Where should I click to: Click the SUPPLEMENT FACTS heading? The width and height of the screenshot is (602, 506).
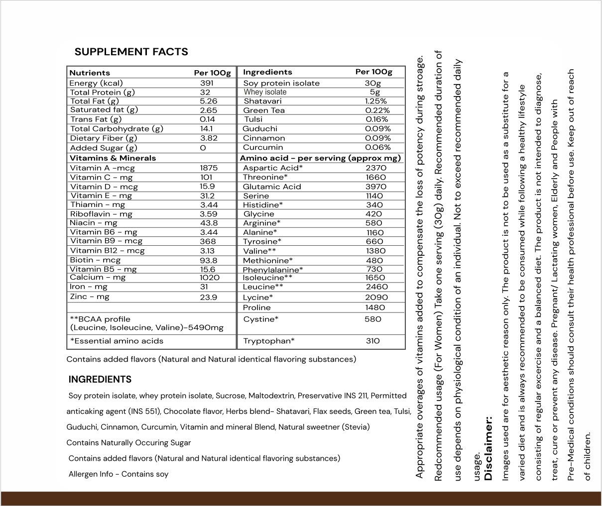pos(131,52)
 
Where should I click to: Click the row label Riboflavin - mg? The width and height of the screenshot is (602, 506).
pos(101,214)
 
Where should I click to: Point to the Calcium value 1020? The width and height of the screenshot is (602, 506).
pos(210,278)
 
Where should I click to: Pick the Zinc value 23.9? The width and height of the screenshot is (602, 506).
pos(208,297)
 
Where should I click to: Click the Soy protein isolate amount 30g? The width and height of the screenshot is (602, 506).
pos(373,83)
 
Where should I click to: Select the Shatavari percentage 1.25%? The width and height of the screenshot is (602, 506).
pos(376,101)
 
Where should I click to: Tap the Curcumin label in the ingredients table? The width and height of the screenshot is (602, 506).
pos(263,147)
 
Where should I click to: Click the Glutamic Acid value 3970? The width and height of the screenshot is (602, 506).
pos(376,187)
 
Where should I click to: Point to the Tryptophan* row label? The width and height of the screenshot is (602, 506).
pos(269,341)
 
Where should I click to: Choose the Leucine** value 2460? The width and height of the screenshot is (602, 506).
pos(376,287)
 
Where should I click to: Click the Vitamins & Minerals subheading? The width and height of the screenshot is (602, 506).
pos(113,158)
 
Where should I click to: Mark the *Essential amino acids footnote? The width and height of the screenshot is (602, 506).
pos(117,341)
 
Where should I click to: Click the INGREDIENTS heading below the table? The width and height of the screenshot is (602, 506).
pos(100,380)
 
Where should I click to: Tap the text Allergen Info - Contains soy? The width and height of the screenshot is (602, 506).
pos(119,474)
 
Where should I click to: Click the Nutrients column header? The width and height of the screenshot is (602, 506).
pos(90,73)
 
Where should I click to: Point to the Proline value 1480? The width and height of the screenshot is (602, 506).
pos(375,307)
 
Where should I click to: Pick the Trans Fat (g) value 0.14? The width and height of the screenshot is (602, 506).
pos(207,119)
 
